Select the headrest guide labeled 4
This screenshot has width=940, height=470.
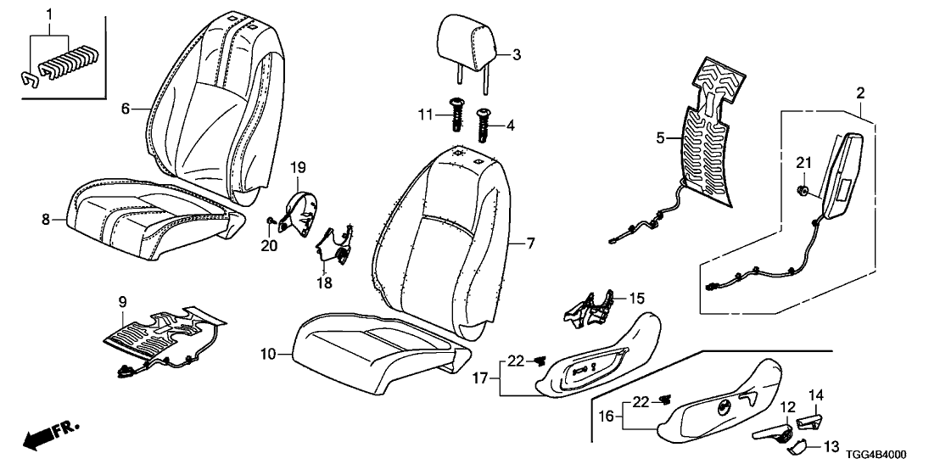485,126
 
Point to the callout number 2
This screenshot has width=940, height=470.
859,92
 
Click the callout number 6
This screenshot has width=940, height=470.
125,109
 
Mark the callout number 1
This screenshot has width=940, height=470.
49,14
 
